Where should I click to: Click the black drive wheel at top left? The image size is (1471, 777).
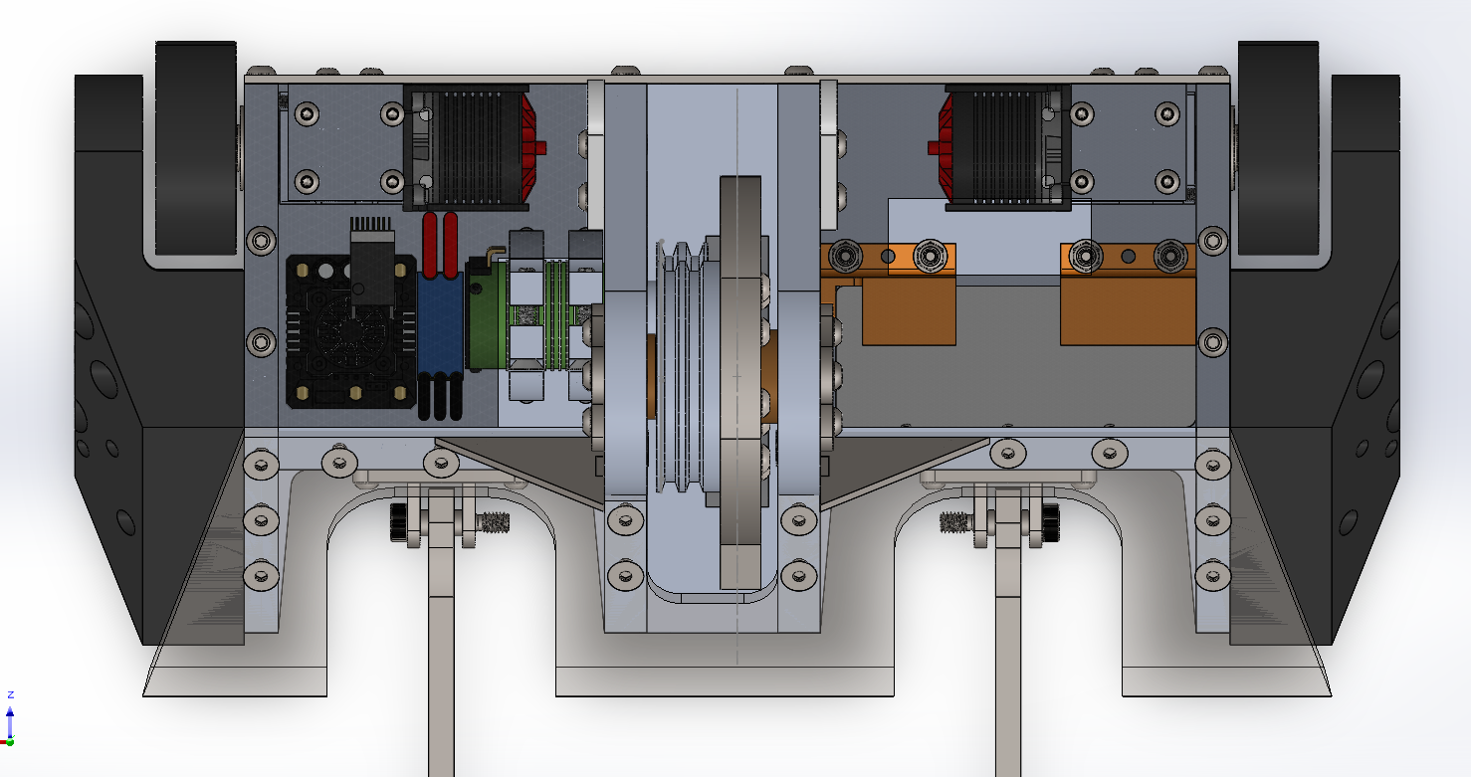[196, 147]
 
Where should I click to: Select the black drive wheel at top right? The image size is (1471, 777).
[1278, 147]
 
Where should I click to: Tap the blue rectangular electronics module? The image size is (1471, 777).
[440, 323]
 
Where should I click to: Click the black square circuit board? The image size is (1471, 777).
[351, 331]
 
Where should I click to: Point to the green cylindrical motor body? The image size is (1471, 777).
[487, 315]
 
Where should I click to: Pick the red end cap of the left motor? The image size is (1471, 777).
[530, 147]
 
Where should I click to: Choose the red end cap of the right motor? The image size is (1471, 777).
[942, 147]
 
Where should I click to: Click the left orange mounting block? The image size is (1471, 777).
[889, 294]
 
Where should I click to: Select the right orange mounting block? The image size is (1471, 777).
[1128, 294]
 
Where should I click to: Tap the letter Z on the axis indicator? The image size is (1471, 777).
[11, 694]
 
